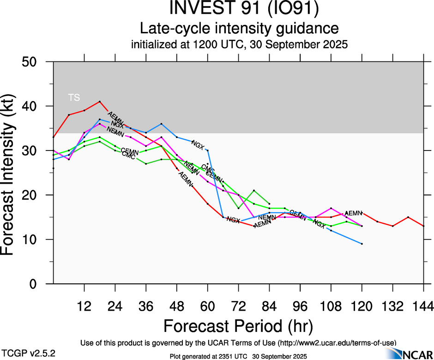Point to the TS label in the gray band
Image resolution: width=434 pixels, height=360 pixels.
(x=74, y=97)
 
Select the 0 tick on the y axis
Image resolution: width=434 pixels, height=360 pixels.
(x=40, y=284)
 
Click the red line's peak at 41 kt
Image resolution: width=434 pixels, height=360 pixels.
(x=100, y=102)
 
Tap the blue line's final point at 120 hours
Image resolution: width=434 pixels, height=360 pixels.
(x=362, y=244)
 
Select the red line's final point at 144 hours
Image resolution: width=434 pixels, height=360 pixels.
(x=423, y=226)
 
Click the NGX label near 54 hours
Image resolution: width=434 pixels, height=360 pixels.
(x=198, y=146)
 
